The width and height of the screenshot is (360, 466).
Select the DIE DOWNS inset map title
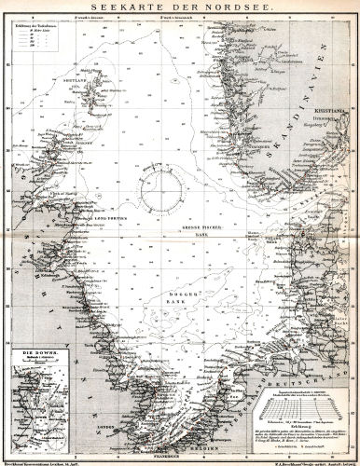click(x=31, y=379)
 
